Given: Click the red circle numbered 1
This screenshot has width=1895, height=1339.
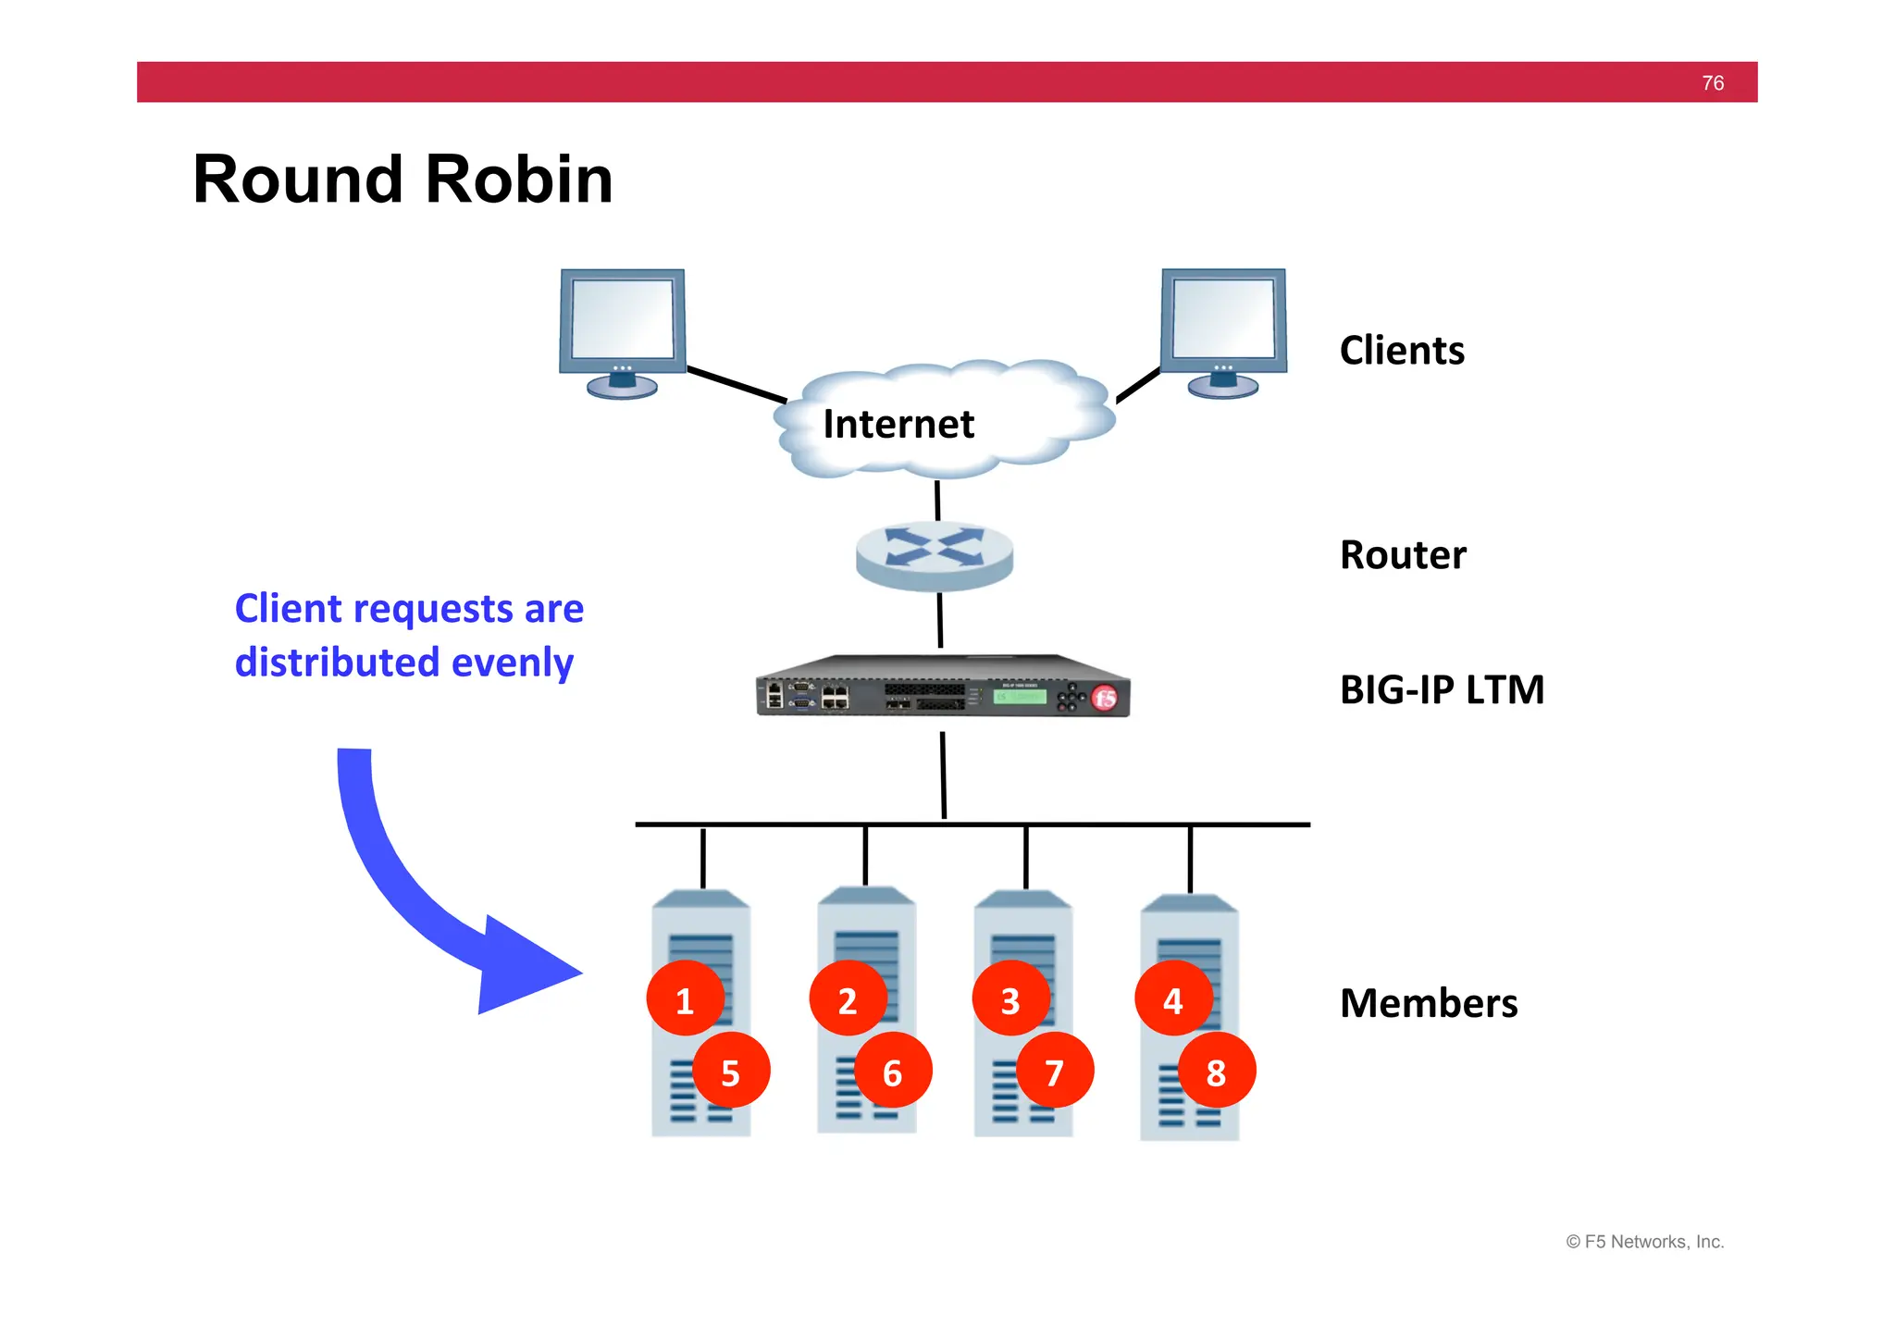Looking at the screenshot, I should click(685, 999).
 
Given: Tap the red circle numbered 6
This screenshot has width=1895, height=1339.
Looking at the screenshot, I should click(893, 1072).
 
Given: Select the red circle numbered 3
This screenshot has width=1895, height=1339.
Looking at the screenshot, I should click(1010, 999).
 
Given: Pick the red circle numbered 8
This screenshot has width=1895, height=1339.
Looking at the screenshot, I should click(1216, 1072).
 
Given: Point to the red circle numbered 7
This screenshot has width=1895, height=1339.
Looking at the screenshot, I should click(1055, 1072).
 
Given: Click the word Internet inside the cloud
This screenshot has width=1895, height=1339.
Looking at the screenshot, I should click(898, 424).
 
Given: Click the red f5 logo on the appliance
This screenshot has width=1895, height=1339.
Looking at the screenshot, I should click(1105, 699).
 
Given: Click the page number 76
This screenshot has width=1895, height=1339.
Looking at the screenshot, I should click(1713, 83).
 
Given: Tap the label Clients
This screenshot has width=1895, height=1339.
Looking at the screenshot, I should click(1402, 351).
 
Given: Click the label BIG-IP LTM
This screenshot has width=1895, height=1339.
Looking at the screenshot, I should click(1442, 689).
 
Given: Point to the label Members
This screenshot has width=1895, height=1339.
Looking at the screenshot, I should click(1429, 1003).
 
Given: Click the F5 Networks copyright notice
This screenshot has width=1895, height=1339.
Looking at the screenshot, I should click(1644, 1242).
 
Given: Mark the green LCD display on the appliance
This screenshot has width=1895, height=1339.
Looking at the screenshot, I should click(1020, 696).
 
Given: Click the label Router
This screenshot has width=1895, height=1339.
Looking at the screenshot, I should click(1403, 555).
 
